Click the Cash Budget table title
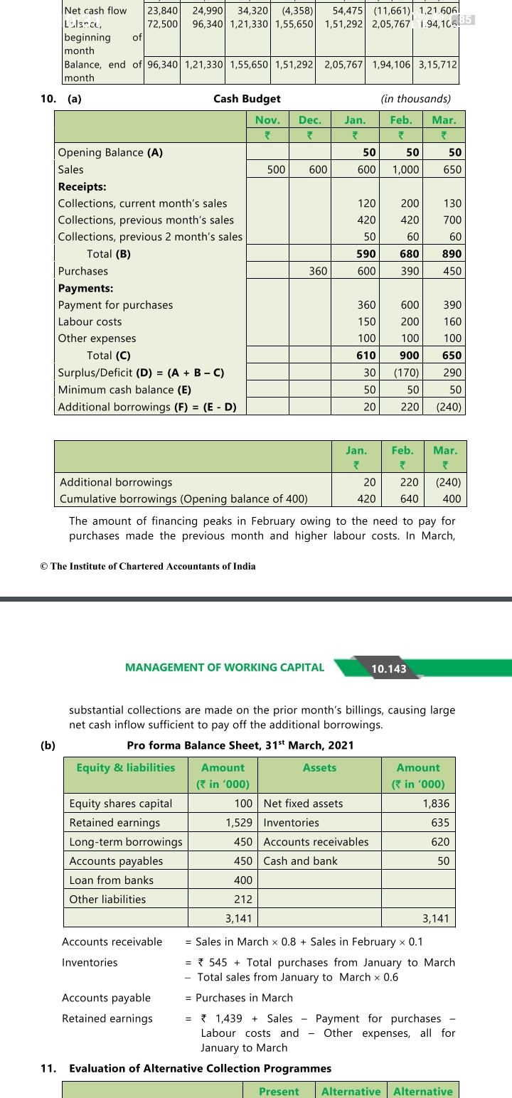coord(247,99)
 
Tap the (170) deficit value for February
coord(404,373)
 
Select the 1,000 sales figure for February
coord(405,169)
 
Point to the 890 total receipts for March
coord(451,254)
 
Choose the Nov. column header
coord(267,119)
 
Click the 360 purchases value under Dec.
coord(317,271)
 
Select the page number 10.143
coord(389,668)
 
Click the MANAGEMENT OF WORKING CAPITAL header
coord(224,667)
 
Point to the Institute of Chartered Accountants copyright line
coord(148,566)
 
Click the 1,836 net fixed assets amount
coord(435,804)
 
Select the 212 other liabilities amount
coord(244,900)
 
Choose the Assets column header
coord(319,768)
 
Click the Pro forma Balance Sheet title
coord(240,745)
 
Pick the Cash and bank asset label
coord(300,861)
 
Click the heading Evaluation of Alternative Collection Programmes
coord(200,1068)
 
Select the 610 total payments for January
coord(366,356)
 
